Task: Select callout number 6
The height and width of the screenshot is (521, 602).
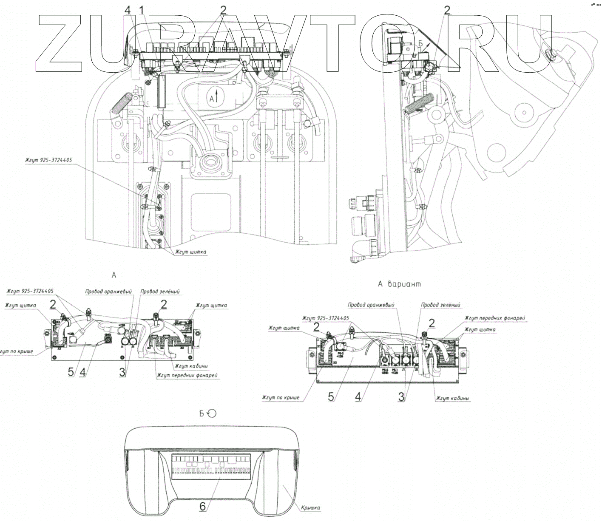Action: tap(203, 506)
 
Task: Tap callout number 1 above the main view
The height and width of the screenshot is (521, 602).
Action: tap(141, 9)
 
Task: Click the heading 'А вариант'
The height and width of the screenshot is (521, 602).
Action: tap(399, 284)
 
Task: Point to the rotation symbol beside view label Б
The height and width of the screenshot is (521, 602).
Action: tap(211, 413)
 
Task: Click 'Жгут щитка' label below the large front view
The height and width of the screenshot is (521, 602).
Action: tap(190, 252)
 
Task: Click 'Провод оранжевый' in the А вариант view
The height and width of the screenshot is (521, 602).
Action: tap(371, 305)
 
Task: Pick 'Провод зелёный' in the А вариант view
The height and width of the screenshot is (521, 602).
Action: tap(441, 305)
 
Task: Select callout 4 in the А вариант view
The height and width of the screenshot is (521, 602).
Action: tap(358, 396)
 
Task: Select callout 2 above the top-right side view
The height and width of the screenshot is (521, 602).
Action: tap(447, 9)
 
